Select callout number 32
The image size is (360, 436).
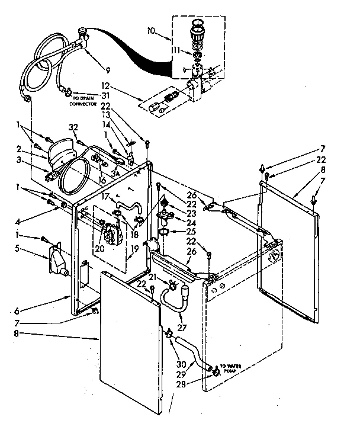[x=73, y=126]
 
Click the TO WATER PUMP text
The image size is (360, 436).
[x=233, y=367]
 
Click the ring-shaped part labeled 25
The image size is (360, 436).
[x=164, y=230]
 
